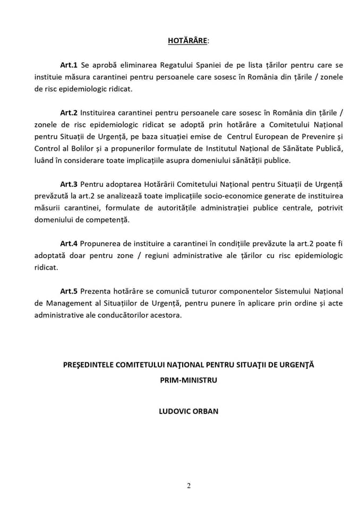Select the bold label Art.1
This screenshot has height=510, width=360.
point(69,65)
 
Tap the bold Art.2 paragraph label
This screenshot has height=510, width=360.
point(69,113)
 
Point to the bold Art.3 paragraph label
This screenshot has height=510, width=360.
point(69,184)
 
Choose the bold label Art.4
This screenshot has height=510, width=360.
point(69,243)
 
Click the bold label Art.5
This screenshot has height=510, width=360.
point(69,291)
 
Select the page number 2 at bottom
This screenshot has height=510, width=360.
point(188,485)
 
